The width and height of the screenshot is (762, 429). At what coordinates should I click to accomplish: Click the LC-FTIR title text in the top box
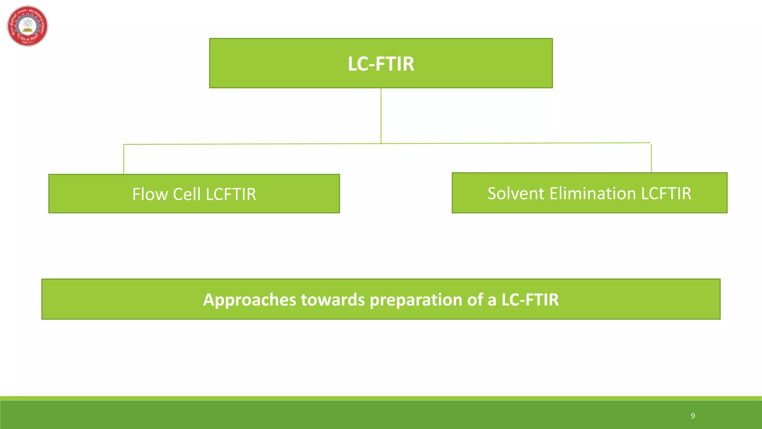pos(381,64)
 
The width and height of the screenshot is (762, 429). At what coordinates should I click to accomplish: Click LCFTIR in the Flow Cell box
pos(231,194)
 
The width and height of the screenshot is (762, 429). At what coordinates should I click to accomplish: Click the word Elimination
pos(593,193)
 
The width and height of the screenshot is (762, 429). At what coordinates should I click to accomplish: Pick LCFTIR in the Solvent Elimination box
pos(666,193)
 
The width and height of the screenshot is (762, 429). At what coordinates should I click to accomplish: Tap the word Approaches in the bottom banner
pos(249,300)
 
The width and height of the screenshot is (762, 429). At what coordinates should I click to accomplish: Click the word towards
pos(333,300)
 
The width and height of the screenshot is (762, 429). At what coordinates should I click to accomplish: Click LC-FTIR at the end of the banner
pos(530,300)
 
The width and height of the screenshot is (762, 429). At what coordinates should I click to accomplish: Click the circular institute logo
pos(28,26)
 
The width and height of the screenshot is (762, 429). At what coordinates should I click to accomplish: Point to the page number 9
pos(693,416)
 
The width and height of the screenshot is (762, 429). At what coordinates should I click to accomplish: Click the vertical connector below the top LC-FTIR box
pos(381,115)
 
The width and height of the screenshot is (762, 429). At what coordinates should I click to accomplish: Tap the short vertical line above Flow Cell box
pos(124,159)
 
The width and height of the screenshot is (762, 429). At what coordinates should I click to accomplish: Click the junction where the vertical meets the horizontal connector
pos(381,143)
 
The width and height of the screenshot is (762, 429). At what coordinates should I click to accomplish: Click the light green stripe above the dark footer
pos(381,398)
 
